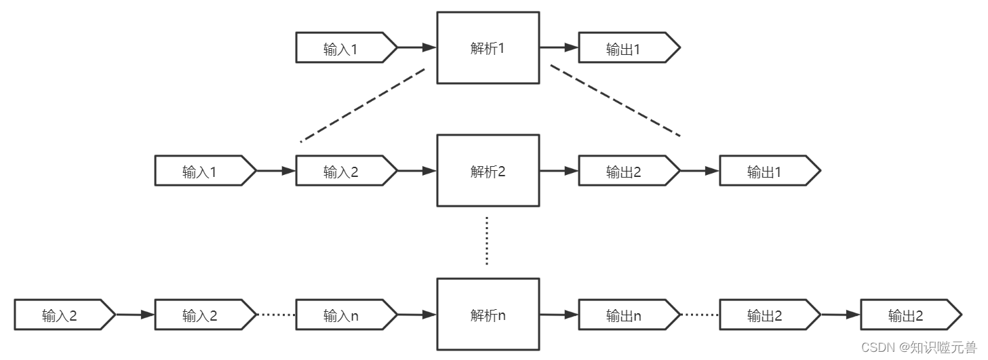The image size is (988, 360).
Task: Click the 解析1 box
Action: [x=488, y=48]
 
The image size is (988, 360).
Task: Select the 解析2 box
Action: [x=488, y=171]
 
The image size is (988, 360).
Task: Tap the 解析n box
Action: [x=488, y=315]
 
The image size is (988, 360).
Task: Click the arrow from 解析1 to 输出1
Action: [x=559, y=48]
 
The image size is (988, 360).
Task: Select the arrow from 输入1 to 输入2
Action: [x=275, y=172]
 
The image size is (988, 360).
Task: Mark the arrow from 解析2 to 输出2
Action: [x=559, y=172]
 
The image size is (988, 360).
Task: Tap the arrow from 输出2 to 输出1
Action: [x=699, y=172]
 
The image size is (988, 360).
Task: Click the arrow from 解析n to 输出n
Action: [x=559, y=315]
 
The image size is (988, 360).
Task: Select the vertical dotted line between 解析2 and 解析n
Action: [x=487, y=241]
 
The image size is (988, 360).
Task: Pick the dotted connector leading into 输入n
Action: [x=276, y=315]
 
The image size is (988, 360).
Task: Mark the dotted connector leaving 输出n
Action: [x=699, y=315]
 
